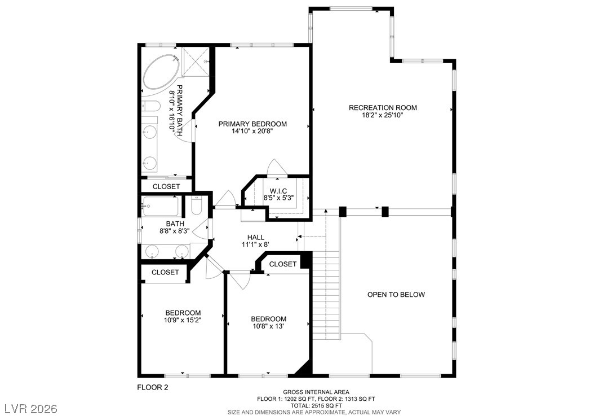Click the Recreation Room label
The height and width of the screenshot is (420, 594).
point(383,108)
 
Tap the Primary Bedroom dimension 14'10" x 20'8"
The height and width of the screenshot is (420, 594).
point(252,132)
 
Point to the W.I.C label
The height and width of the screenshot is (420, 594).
point(278,191)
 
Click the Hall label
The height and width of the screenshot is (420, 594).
point(256,238)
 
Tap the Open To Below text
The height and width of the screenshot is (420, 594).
point(396,295)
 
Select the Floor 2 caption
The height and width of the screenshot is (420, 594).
point(152,387)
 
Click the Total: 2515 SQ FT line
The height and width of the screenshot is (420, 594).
point(316,405)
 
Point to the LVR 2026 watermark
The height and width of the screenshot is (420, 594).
point(31,409)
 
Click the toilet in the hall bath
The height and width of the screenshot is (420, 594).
point(196,206)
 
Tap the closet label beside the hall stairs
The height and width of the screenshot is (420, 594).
point(282,264)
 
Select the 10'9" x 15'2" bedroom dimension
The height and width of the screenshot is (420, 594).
point(183,320)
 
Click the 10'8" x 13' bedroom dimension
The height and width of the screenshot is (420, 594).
point(269,326)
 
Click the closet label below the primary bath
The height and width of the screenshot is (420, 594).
point(166,187)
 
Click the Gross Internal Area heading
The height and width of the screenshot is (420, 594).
point(316,392)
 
